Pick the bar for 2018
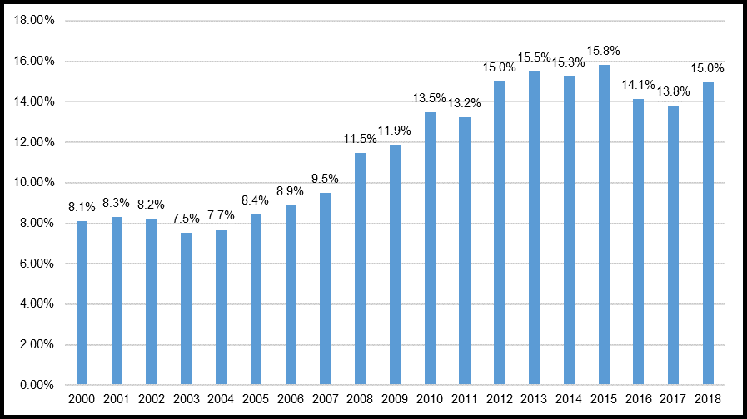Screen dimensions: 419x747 tap(707, 233)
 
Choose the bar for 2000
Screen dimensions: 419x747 tap(82, 303)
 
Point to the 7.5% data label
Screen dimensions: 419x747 tap(186, 219)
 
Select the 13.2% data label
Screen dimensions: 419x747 tap(464, 104)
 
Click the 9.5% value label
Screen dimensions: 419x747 tap(325, 180)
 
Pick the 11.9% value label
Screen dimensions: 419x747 tap(395, 131)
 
